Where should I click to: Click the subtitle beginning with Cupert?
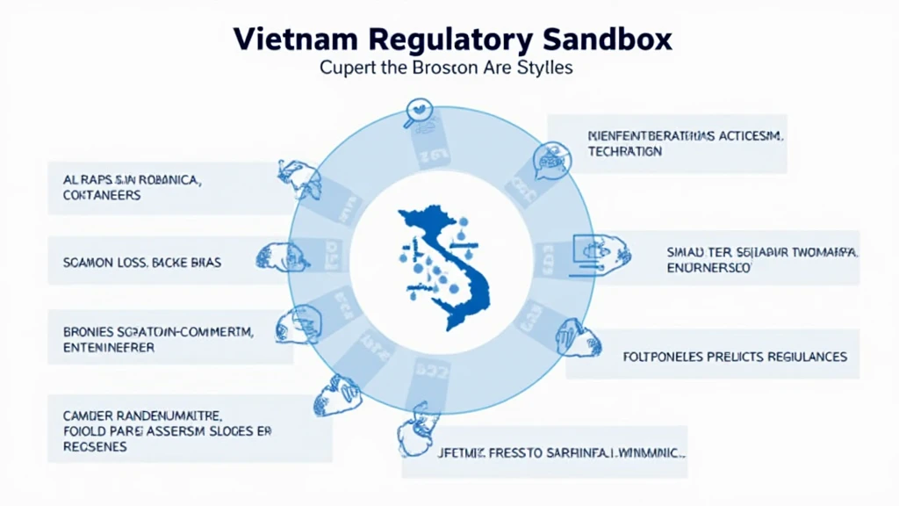point(446,68)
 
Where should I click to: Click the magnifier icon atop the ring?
point(421,113)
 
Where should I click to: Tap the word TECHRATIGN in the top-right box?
point(625,151)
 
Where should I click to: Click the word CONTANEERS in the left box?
point(102,195)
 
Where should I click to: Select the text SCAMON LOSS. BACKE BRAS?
point(142,262)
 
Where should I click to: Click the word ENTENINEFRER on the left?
point(109,347)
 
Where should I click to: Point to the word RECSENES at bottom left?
point(95,446)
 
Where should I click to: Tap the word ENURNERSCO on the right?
point(708,267)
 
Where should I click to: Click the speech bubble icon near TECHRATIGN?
point(550,161)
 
